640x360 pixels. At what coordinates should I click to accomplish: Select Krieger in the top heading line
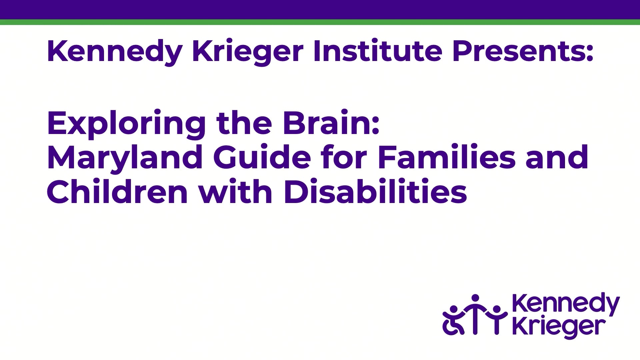[248, 52]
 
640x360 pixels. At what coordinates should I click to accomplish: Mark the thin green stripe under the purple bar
[320, 22]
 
